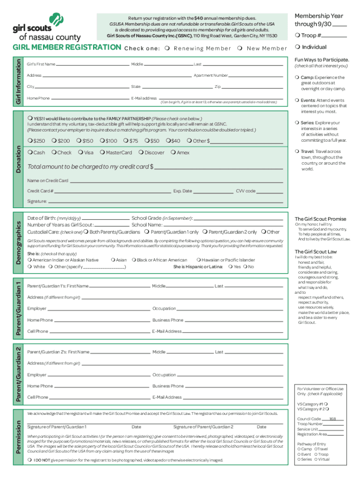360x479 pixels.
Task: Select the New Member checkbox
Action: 239,49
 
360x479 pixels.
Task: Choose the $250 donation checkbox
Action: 30,141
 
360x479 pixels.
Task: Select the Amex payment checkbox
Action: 173,152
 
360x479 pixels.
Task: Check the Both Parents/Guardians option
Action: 86,232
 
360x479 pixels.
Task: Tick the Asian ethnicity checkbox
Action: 113,260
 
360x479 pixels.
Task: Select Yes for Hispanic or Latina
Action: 230,267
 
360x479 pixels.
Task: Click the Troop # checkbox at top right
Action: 297,36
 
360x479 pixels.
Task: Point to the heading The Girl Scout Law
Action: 315,252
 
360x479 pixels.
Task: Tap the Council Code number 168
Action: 333,419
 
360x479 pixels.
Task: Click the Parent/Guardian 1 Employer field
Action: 98,309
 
